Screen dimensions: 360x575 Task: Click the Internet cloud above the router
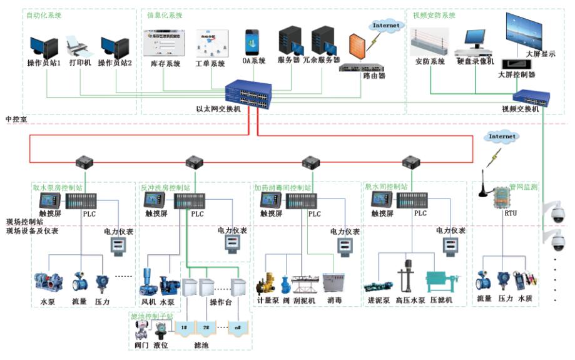point(385,25)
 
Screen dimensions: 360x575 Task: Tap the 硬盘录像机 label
point(475,61)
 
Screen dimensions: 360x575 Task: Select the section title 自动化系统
point(44,15)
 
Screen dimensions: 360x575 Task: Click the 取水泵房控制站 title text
point(58,187)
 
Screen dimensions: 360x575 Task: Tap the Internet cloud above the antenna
point(502,136)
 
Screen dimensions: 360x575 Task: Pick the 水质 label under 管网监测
point(525,299)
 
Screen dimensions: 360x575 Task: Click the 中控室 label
point(16,119)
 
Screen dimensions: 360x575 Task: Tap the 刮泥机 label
point(302,301)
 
